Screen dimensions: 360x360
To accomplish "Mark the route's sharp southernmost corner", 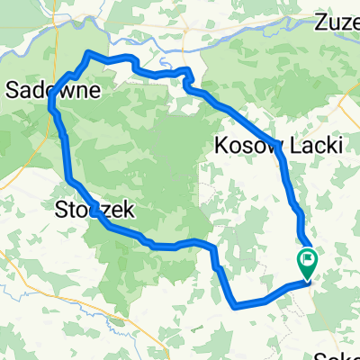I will [235, 305].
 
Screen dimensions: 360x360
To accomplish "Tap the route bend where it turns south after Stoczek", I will [214, 248].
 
